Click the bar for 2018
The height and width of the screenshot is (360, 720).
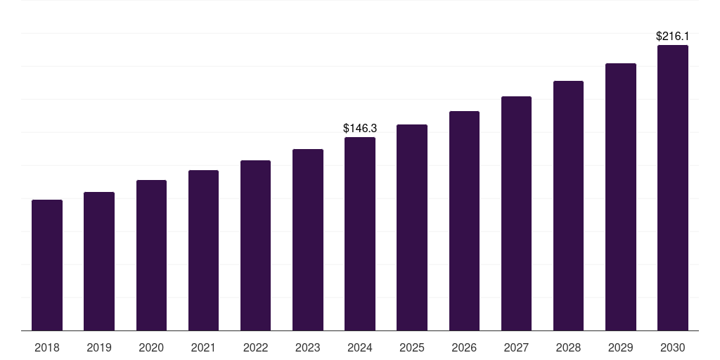point(47,265)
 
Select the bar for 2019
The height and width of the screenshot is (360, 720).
point(99,261)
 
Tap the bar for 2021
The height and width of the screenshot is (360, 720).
point(203,250)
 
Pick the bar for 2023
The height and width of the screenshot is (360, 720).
point(308,240)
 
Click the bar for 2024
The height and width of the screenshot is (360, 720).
point(360,233)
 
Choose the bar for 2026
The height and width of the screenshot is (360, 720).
point(464,221)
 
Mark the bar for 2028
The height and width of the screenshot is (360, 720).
point(568,205)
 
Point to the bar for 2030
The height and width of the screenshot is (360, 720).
point(673,188)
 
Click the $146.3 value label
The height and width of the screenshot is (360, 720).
point(360,128)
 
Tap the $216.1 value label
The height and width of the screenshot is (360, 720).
point(672,36)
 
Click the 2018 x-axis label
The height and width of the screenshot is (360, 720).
point(47,347)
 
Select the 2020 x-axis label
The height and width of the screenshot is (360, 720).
point(151,347)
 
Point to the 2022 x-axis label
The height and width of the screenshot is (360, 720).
point(255,347)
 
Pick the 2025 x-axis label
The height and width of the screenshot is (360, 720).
point(412,347)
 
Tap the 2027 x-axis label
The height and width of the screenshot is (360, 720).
point(516,347)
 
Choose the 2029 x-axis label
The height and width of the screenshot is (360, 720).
point(621,347)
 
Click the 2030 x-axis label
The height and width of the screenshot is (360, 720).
point(673,347)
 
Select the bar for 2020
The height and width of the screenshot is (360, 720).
point(151,255)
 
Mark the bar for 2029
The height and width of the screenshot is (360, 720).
point(621,197)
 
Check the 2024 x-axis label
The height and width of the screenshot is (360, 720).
point(360,347)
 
